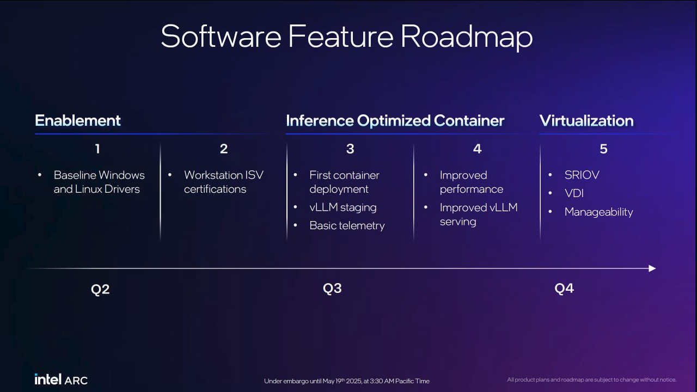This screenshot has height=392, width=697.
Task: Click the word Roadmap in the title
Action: (467, 37)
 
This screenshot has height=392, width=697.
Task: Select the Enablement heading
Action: (77, 120)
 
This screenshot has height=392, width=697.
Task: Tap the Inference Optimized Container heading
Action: (395, 121)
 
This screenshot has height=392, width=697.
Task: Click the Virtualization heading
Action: (586, 121)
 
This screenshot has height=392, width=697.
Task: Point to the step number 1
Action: (97, 149)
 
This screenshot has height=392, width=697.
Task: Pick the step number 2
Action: (224, 149)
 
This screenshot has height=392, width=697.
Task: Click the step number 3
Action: (350, 149)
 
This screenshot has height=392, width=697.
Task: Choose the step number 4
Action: (477, 149)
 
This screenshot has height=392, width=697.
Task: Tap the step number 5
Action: (603, 149)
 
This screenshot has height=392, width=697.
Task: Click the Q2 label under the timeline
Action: (100, 289)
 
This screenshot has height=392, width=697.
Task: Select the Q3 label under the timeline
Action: (332, 289)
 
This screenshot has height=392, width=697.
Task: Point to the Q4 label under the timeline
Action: (564, 289)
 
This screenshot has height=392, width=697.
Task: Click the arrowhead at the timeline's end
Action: (652, 268)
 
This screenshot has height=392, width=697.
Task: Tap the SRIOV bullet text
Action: (582, 175)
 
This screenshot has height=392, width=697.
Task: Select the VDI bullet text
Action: (574, 193)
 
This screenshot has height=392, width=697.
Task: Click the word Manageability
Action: (598, 212)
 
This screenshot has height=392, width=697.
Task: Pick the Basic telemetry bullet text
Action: (347, 225)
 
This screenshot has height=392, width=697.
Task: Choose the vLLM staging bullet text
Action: (343, 207)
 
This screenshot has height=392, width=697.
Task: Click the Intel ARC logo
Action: (61, 379)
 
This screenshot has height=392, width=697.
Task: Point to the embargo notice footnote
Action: (347, 381)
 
